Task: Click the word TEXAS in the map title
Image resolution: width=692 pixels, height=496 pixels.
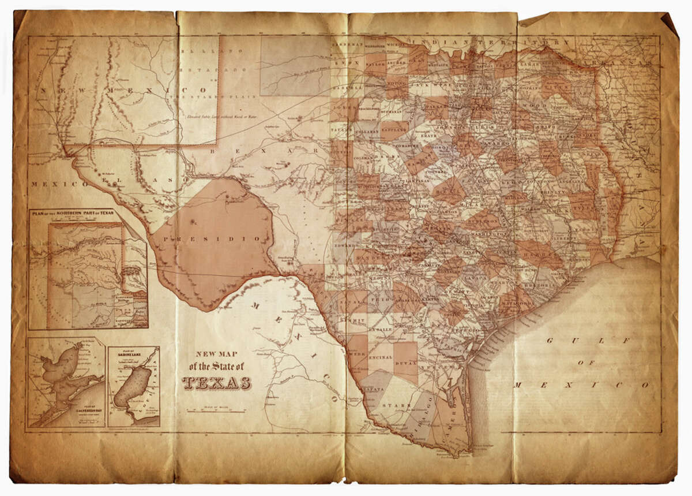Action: click(217, 383)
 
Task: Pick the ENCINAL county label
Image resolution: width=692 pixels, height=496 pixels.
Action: click(380, 357)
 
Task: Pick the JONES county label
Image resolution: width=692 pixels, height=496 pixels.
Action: click(343, 108)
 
